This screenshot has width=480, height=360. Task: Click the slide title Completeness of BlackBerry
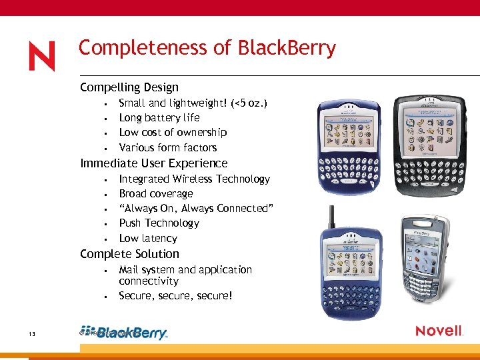[207, 48]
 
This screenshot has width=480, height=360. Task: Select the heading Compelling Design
[129, 87]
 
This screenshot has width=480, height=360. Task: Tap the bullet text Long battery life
[159, 117]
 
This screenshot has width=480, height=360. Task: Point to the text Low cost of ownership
[173, 132]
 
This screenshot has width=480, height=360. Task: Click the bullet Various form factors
[167, 147]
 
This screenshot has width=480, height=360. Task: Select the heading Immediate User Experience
[153, 163]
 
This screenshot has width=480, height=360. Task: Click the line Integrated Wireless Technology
[194, 179]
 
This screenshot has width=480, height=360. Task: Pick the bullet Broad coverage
[156, 193]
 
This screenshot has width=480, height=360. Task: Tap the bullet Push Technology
[159, 223]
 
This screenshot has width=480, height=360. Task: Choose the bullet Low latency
[148, 238]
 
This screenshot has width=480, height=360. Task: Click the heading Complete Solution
[129, 254]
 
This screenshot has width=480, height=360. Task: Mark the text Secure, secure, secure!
[175, 295]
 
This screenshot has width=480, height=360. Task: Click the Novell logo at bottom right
[439, 331]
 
